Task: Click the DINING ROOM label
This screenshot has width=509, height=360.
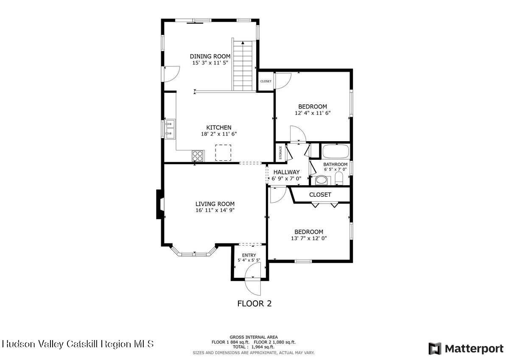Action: [x=210, y=56]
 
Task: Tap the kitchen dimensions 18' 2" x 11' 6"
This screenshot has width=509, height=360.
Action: [x=218, y=134]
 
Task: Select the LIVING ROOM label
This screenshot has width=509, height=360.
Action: [x=215, y=204]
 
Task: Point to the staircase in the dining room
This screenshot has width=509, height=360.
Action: [x=243, y=66]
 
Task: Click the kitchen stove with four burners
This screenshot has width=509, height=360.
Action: [x=198, y=156]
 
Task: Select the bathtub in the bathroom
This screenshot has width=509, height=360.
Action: [x=335, y=151]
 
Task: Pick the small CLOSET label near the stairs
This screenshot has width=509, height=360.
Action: [x=266, y=81]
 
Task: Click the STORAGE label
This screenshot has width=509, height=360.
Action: [x=280, y=153]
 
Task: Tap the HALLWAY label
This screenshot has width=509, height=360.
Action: [x=286, y=172]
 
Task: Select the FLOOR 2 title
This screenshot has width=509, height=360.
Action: [x=254, y=304]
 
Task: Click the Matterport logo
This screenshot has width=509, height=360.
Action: [x=466, y=349]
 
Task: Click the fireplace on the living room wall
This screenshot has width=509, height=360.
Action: [x=159, y=204]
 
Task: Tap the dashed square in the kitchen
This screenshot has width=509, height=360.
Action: [x=223, y=153]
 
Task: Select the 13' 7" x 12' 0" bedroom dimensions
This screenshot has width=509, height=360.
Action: [x=309, y=238]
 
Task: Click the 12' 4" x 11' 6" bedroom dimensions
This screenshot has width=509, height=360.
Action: [x=312, y=113]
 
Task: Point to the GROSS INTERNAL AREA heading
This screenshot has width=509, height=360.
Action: [x=254, y=337]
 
